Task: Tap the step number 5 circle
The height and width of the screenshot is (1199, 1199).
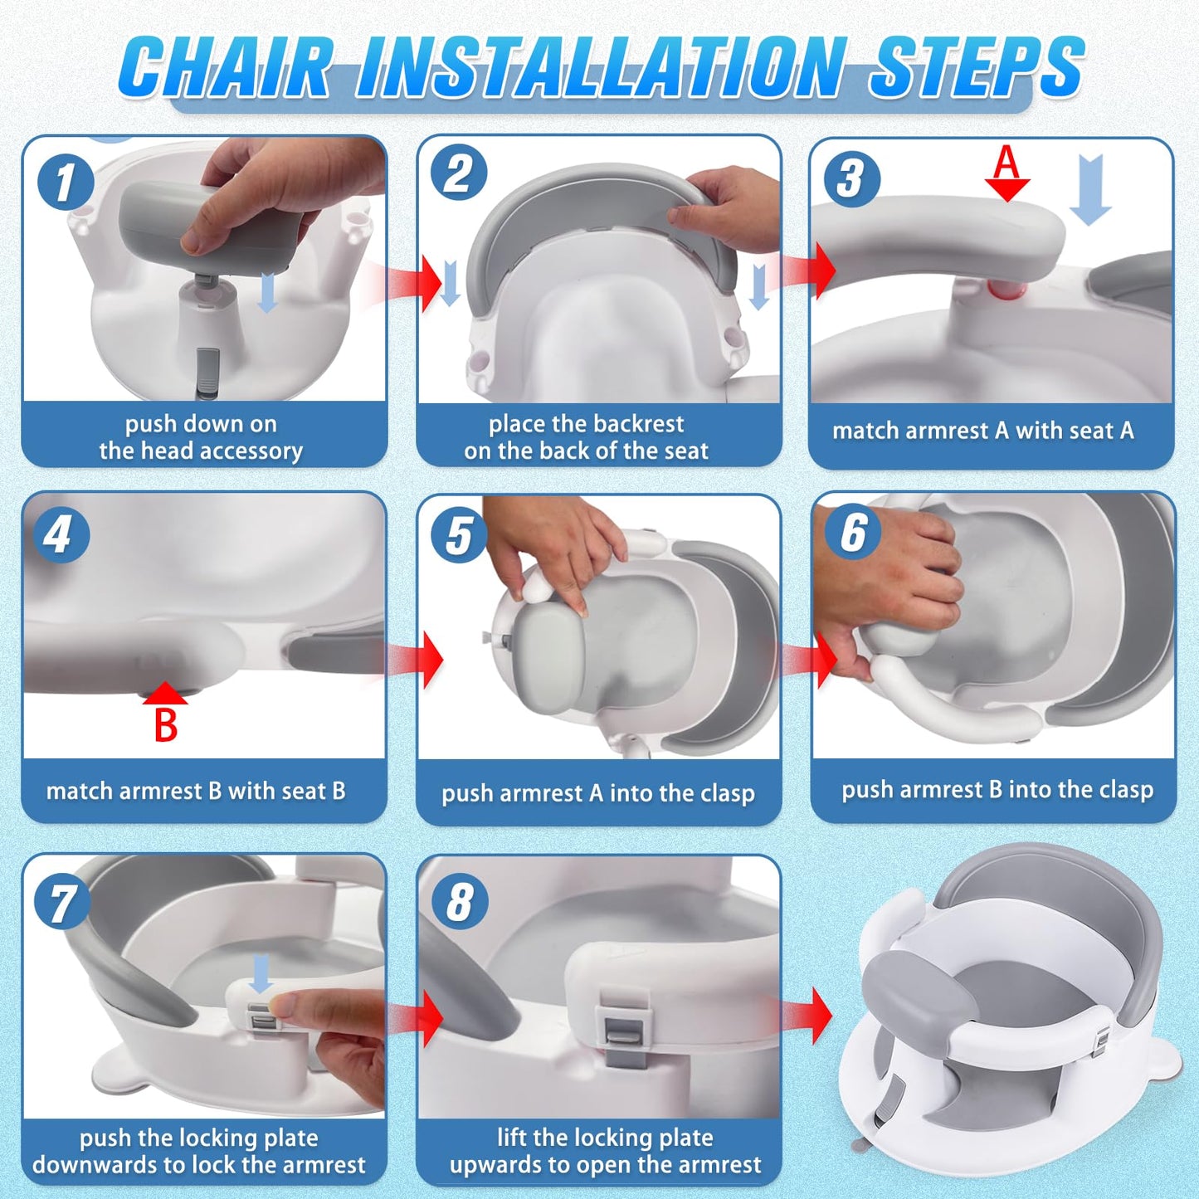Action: [459, 535]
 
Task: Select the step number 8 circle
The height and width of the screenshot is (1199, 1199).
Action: [460, 902]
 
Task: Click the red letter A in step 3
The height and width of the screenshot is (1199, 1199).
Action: [1006, 162]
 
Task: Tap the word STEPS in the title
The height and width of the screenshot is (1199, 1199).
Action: [977, 68]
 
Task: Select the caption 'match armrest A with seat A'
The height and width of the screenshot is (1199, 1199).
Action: [983, 431]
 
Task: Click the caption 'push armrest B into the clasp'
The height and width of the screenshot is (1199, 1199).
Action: [997, 790]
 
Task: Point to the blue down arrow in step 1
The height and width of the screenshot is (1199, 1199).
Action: [267, 293]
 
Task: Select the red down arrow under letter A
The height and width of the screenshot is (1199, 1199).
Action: [1007, 190]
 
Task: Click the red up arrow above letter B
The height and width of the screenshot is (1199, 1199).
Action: [165, 694]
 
